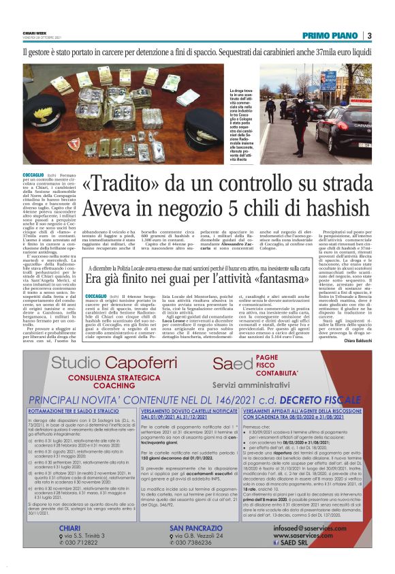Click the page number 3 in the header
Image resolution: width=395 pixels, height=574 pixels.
coord(368,36)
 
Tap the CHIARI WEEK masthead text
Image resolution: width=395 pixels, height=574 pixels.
coord(35,31)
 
